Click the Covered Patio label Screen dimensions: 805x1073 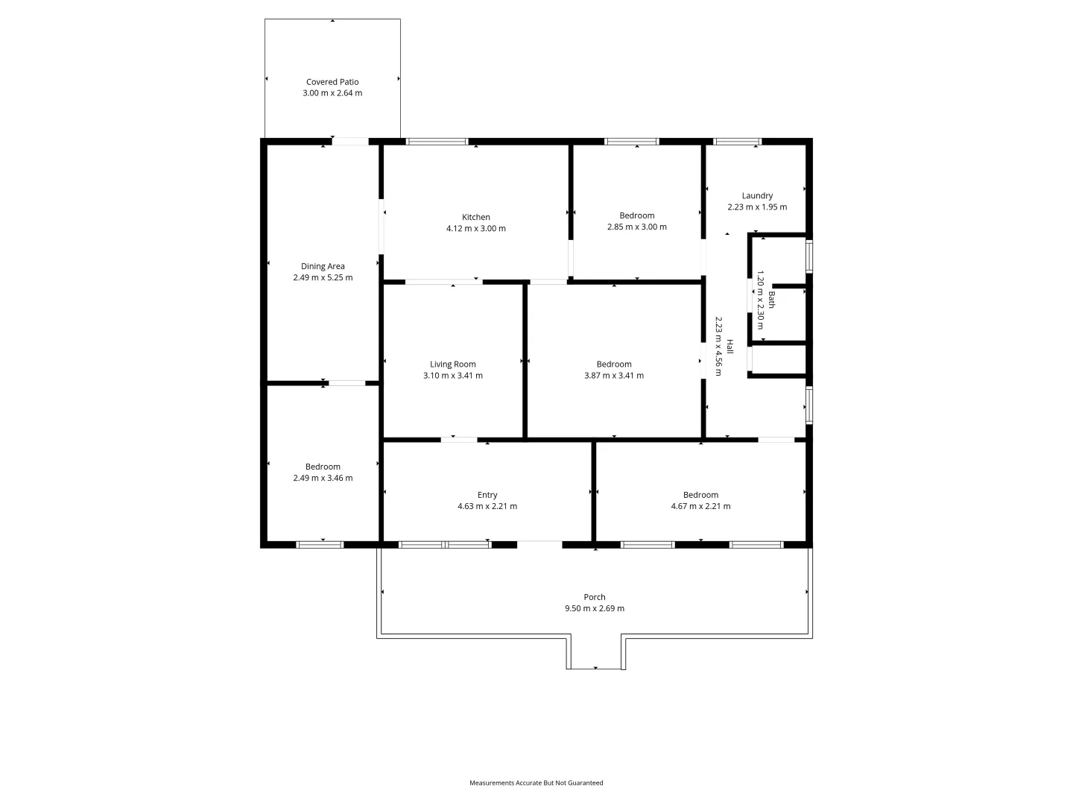coord(332,82)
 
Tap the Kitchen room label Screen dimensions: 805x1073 coord(476,217)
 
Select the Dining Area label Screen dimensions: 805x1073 coord(323,266)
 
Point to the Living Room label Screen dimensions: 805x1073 coord(452,364)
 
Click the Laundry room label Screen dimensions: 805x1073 coord(757,196)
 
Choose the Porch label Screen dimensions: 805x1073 coord(595,597)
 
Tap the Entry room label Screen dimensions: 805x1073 coord(487,495)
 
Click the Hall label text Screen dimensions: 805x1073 coord(730,347)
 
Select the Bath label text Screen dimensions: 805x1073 coord(772,300)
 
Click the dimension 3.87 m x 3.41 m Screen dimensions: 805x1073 coord(614,376)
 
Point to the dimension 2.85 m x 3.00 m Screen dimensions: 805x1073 coord(637,227)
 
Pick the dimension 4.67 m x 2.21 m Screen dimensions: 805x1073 coord(700,506)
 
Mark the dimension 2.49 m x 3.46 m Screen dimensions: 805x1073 coord(323,479)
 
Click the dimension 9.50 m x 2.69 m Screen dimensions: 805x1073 coord(595,608)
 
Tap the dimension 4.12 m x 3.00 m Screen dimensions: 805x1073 coord(476,229)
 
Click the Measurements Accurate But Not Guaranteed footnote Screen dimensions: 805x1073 coord(536,783)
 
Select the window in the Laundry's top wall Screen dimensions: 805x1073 coord(738,141)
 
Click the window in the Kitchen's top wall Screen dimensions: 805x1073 coord(437,141)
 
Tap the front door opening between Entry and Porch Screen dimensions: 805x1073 coord(539,544)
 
